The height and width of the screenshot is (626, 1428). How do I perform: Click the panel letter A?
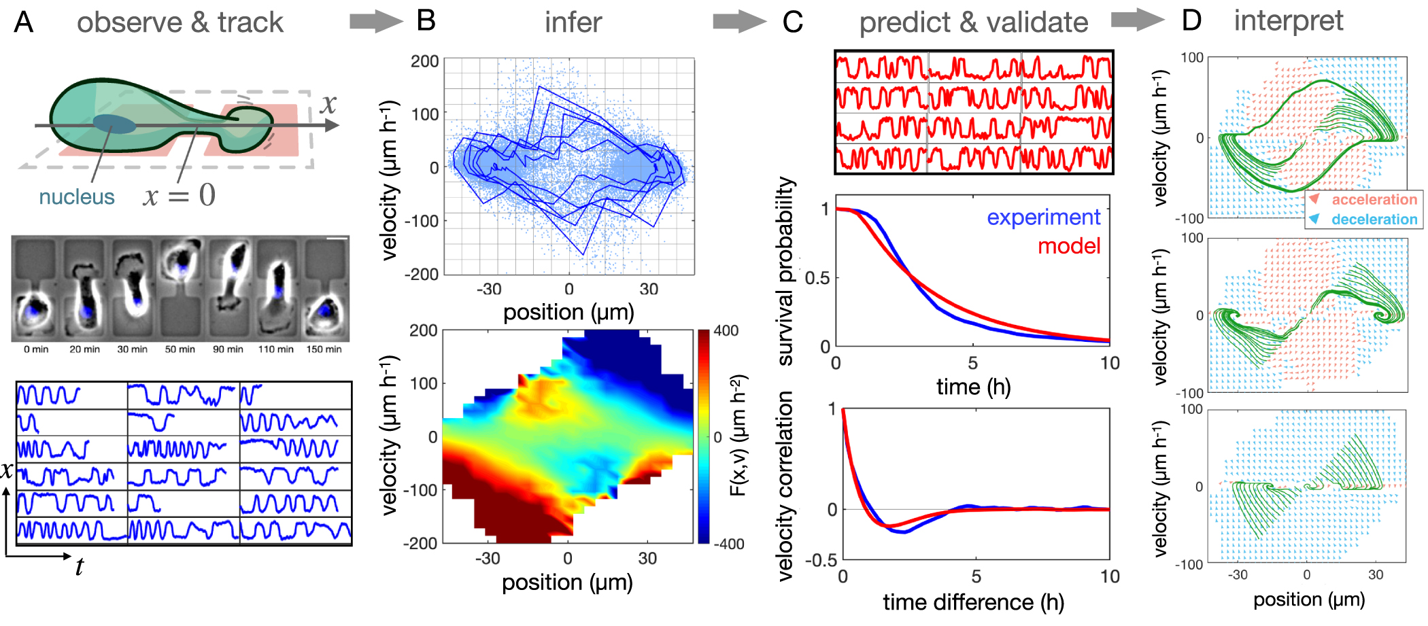tap(24, 22)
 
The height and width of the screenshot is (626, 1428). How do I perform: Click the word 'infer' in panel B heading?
tap(573, 22)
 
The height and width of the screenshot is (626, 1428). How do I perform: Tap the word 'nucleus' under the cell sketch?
tap(76, 196)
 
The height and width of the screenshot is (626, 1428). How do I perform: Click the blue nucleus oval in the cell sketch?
tap(114, 124)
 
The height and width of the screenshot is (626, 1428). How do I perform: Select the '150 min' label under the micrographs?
tap(324, 349)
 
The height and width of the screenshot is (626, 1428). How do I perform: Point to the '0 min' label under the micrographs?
tap(36, 349)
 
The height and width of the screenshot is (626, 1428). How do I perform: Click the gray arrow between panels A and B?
tap(375, 22)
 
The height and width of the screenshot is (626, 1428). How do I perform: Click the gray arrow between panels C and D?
tap(1136, 20)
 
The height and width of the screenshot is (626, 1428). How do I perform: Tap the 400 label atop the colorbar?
tap(726, 331)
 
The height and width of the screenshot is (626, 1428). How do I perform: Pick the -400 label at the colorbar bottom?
tap(728, 544)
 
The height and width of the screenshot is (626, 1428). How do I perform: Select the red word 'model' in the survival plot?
tap(1068, 245)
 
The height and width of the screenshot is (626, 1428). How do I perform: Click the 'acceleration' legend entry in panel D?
tap(1374, 200)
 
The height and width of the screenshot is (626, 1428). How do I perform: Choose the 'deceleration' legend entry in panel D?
tap(1374, 220)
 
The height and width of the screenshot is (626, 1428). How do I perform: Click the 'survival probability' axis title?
tap(785, 272)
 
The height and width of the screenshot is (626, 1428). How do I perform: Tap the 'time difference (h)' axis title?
tap(973, 602)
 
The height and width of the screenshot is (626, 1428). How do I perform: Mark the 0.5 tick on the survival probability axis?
tap(817, 278)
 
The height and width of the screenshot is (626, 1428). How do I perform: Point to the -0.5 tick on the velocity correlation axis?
tap(821, 561)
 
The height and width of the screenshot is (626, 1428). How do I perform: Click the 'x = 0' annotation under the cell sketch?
tap(180, 196)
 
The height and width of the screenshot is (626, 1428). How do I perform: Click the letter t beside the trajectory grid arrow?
tap(80, 566)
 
